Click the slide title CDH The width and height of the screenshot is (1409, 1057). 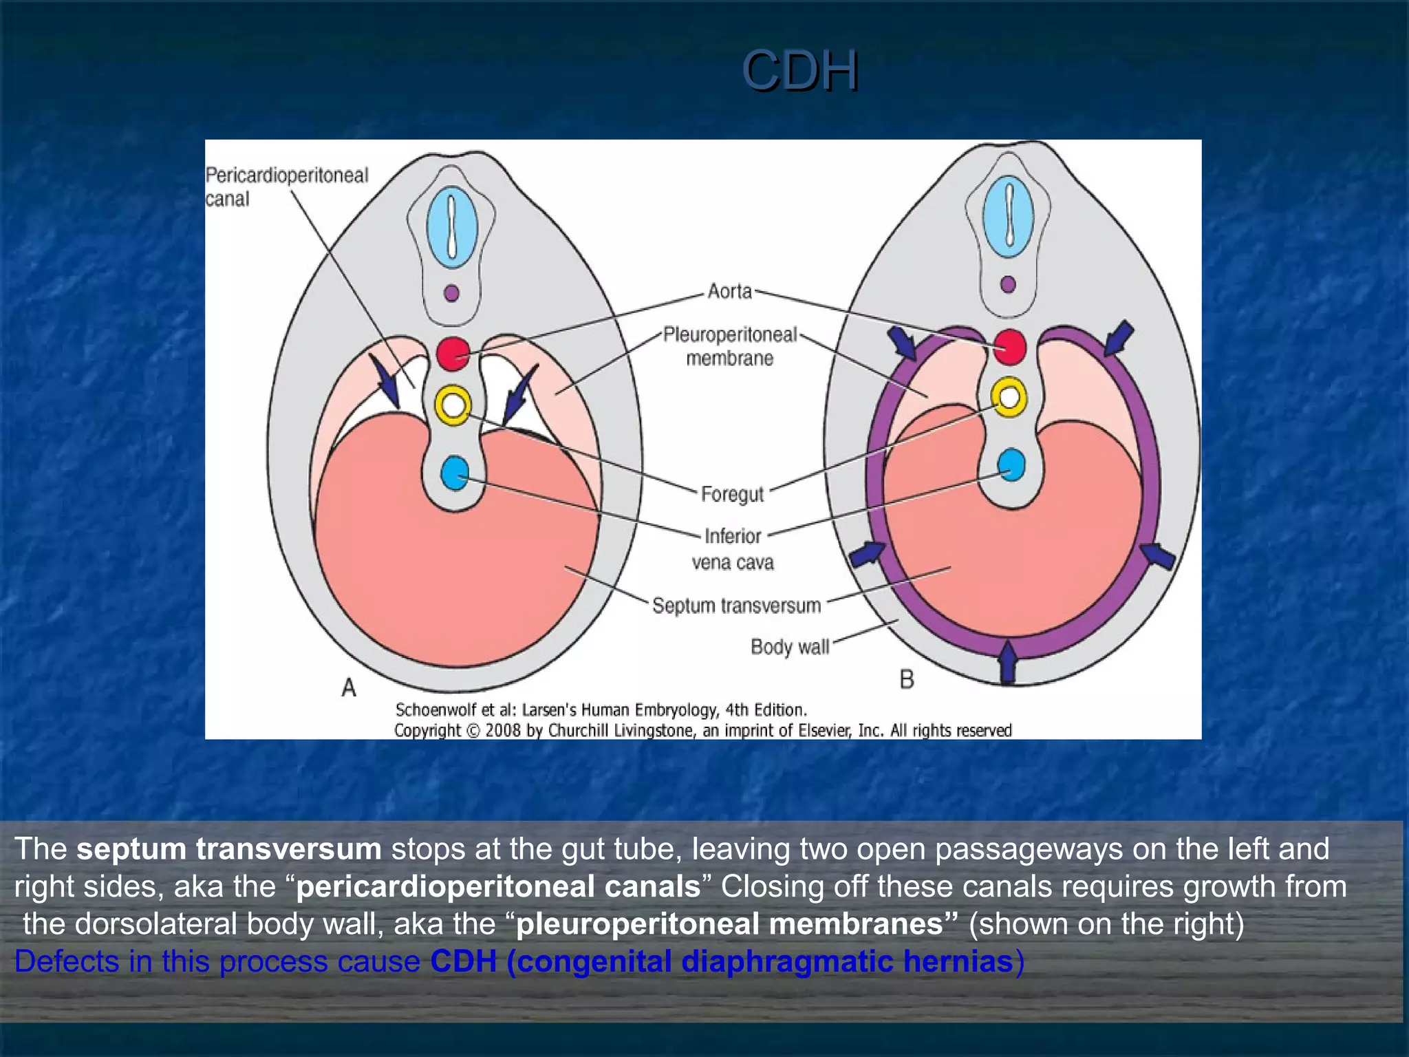[799, 70]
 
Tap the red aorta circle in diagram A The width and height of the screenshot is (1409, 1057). [453, 353]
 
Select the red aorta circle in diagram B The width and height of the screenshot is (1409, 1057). [1009, 346]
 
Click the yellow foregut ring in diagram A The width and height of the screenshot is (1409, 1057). [453, 405]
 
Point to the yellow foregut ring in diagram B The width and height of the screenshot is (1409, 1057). [1009, 397]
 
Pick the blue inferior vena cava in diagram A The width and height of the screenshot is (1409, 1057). [454, 473]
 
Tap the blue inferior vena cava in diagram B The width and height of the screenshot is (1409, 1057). [1011, 465]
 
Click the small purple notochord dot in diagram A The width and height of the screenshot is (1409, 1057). [452, 293]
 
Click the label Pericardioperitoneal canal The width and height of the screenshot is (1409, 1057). [286, 186]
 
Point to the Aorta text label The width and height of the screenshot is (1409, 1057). [729, 292]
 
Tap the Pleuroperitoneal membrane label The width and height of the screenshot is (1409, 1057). [729, 346]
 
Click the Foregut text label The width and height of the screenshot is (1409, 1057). [732, 494]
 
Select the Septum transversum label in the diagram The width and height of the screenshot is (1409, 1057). [736, 606]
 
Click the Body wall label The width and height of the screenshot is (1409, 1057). [789, 647]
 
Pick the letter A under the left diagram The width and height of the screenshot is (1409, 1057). [349, 687]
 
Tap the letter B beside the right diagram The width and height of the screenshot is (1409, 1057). [907, 680]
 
